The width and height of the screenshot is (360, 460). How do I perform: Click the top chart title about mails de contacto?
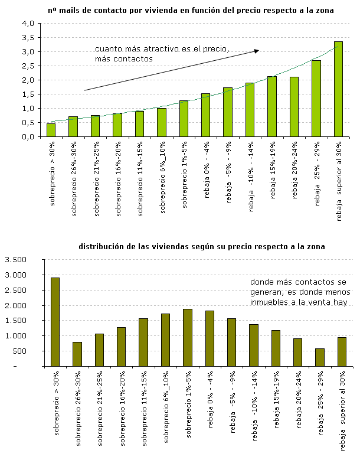click(191, 11)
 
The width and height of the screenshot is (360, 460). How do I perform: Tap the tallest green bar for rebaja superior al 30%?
click(338, 89)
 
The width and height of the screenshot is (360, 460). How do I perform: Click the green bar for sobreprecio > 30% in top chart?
click(51, 130)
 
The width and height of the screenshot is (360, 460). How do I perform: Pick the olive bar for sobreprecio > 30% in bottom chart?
click(55, 322)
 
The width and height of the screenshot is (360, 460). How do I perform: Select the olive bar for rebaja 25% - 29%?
click(319, 357)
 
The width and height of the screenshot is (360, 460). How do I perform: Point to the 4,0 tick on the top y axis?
click(28, 24)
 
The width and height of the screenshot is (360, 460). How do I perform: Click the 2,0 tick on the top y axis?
click(28, 80)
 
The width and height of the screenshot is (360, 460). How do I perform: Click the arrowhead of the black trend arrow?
click(257, 51)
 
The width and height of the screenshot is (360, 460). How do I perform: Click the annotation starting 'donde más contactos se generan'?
click(300, 292)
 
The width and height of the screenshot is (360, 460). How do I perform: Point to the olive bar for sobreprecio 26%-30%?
click(77, 354)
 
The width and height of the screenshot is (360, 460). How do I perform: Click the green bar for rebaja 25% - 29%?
click(316, 99)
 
